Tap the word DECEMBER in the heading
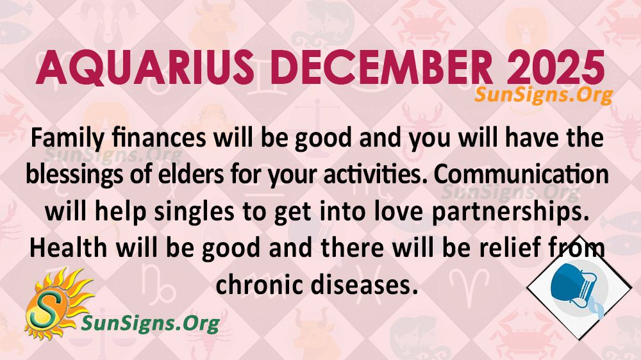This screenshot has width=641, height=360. click(x=381, y=67)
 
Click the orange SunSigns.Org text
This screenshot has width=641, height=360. click(x=544, y=95)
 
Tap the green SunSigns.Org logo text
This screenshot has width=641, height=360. click(x=151, y=323)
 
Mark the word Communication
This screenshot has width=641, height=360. click(x=521, y=174)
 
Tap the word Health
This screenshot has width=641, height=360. click(x=69, y=248)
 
